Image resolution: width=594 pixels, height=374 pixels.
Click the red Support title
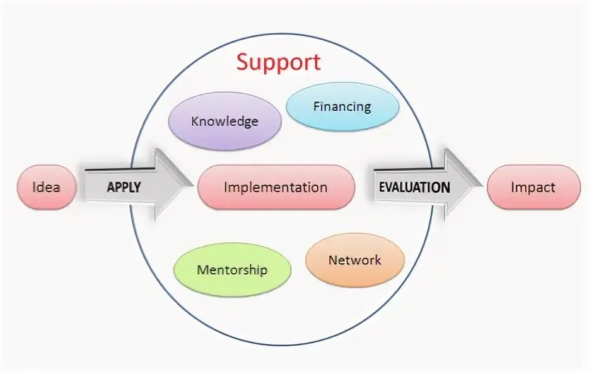(279, 62)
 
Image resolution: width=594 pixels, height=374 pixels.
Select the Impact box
(533, 187)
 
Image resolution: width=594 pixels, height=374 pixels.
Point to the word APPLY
(124, 187)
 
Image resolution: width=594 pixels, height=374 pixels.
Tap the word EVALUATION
(414, 187)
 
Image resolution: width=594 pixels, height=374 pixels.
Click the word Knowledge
(224, 122)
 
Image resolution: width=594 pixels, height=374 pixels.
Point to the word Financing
(342, 106)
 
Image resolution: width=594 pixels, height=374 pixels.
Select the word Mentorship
(232, 270)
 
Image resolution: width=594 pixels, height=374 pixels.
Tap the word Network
(354, 260)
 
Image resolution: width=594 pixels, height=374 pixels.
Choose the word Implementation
(276, 187)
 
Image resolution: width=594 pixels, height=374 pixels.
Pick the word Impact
(533, 187)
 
